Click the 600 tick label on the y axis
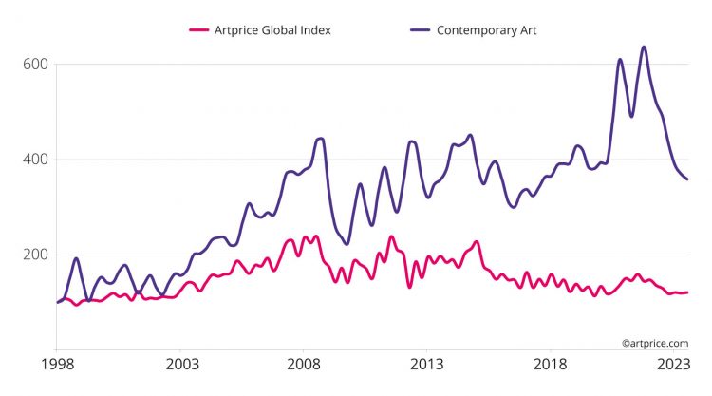[37, 65]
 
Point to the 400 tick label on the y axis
[37, 160]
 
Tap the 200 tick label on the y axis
[37, 255]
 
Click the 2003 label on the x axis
[182, 364]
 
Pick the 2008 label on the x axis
[305, 364]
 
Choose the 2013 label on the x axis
[427, 364]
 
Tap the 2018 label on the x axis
[551, 364]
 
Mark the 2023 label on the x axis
[673, 364]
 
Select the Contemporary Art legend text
[487, 29]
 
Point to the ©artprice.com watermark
[655, 343]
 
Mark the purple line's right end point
[688, 179]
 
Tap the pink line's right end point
[688, 292]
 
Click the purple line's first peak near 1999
[76, 258]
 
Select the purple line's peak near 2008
[320, 139]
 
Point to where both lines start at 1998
[58, 302]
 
